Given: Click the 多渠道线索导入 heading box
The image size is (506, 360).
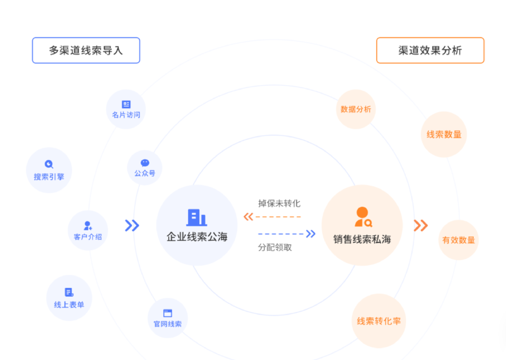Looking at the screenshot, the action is tap(86, 50).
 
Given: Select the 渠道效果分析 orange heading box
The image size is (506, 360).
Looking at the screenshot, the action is tap(430, 50).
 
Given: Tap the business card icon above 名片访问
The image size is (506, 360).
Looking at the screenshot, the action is tap(126, 104).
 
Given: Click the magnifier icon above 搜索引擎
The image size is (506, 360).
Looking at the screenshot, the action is tap(49, 164).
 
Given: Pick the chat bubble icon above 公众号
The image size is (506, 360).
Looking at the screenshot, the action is tap(145, 163).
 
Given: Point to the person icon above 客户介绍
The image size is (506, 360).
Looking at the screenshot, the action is tap(88, 226).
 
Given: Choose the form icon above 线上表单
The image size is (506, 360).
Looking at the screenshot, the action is tap(69, 292).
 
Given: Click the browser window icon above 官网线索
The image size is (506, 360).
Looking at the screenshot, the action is tap(168, 313).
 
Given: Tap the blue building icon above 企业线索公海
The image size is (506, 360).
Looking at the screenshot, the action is tap(196, 217).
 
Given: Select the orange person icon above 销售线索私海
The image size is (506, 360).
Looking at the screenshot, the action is tap(363, 217).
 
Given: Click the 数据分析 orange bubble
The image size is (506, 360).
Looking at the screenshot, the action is tap(356, 109).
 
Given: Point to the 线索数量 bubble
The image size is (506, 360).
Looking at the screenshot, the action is tap(444, 134).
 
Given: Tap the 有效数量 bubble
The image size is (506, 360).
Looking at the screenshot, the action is tap(458, 240).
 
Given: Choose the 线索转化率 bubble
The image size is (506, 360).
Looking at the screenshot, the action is tap(379, 321).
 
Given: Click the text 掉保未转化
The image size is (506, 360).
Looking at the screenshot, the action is tap(279, 204).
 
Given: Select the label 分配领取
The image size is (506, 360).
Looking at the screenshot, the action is tap(275, 248).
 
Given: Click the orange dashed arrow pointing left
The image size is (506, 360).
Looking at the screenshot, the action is tap(272, 217).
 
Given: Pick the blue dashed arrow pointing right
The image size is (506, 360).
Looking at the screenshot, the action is tap(287, 234).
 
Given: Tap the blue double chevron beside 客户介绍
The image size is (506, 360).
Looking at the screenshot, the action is tap(132, 226).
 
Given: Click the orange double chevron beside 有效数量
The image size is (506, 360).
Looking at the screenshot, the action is tap(421, 226).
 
